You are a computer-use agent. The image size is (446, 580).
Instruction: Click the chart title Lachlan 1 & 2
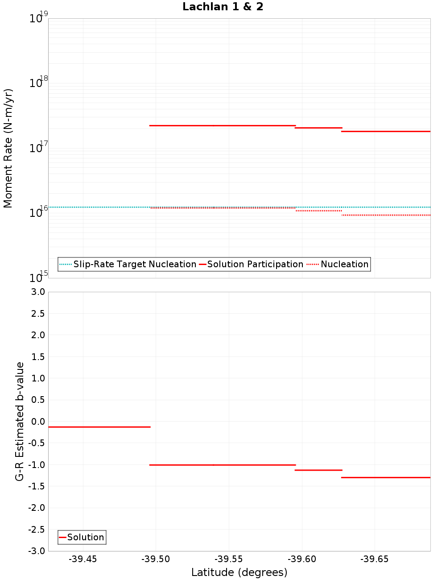coord(223,7)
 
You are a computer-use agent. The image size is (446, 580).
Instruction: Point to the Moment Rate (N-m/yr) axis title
coord(8,148)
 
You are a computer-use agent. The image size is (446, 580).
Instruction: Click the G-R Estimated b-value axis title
coord(20,421)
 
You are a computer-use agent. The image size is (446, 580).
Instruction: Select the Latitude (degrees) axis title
coord(239,572)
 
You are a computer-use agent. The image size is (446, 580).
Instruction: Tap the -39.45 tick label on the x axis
coord(83,559)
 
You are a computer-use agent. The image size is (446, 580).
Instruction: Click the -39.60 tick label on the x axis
coord(301,559)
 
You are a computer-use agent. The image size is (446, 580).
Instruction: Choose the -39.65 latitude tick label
coord(375,559)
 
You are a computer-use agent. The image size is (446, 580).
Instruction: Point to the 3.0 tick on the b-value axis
coord(37,292)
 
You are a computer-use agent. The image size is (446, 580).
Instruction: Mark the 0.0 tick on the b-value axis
coord(37,422)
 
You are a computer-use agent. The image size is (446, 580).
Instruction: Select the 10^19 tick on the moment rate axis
coord(38,18)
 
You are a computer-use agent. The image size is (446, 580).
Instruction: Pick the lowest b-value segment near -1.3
coord(386,477)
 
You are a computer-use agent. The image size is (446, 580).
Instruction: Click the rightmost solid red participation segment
coord(386,131)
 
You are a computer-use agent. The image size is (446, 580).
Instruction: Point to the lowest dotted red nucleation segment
coord(386,215)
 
